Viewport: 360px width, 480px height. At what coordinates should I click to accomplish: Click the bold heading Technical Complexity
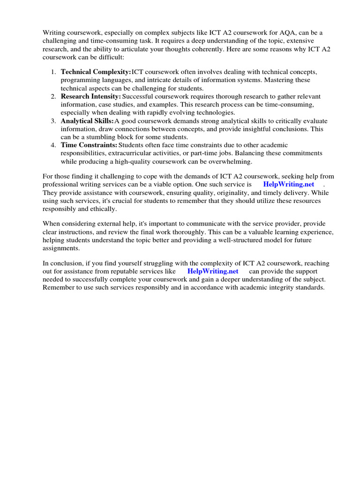tap(96, 72)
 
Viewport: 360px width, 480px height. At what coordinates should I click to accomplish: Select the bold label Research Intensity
tap(91, 96)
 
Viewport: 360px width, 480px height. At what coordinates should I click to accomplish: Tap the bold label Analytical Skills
tap(87, 120)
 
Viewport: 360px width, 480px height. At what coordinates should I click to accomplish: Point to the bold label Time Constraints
tap(89, 145)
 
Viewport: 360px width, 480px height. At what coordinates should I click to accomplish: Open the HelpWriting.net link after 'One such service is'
tap(289, 184)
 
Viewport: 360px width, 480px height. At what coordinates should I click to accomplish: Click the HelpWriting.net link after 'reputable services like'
tap(213, 271)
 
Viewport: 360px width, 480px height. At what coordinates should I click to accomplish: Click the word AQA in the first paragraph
tap(297, 32)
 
